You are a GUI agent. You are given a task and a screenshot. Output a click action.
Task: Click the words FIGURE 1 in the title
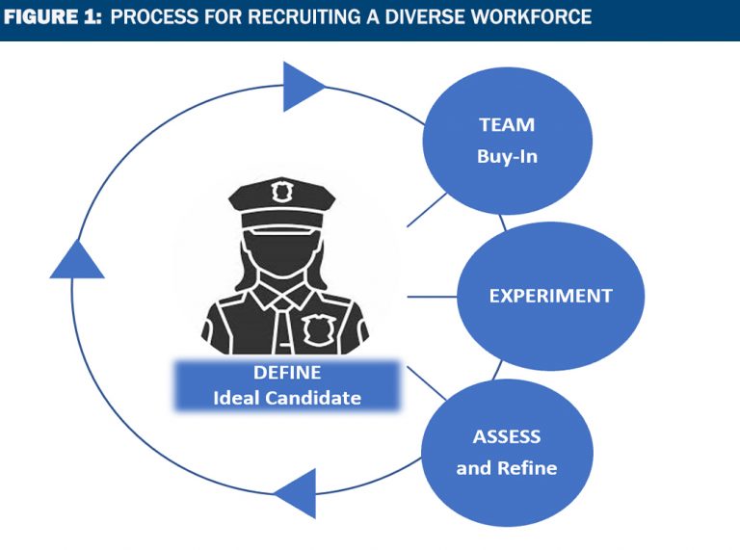tap(52, 18)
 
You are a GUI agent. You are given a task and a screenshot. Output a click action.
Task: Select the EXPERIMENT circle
tap(549, 296)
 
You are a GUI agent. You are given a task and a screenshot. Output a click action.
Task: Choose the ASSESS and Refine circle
tap(507, 452)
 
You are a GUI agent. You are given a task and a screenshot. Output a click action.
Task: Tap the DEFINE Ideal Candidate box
tap(286, 384)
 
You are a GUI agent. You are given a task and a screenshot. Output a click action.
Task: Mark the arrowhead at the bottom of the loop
tap(296, 493)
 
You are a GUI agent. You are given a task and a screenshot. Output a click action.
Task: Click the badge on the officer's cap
tap(281, 192)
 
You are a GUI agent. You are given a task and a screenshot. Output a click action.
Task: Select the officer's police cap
tap(281, 201)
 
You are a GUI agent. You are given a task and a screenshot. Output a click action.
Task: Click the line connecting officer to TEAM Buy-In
tap(427, 209)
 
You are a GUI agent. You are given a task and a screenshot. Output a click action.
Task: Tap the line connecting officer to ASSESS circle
tap(427, 382)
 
